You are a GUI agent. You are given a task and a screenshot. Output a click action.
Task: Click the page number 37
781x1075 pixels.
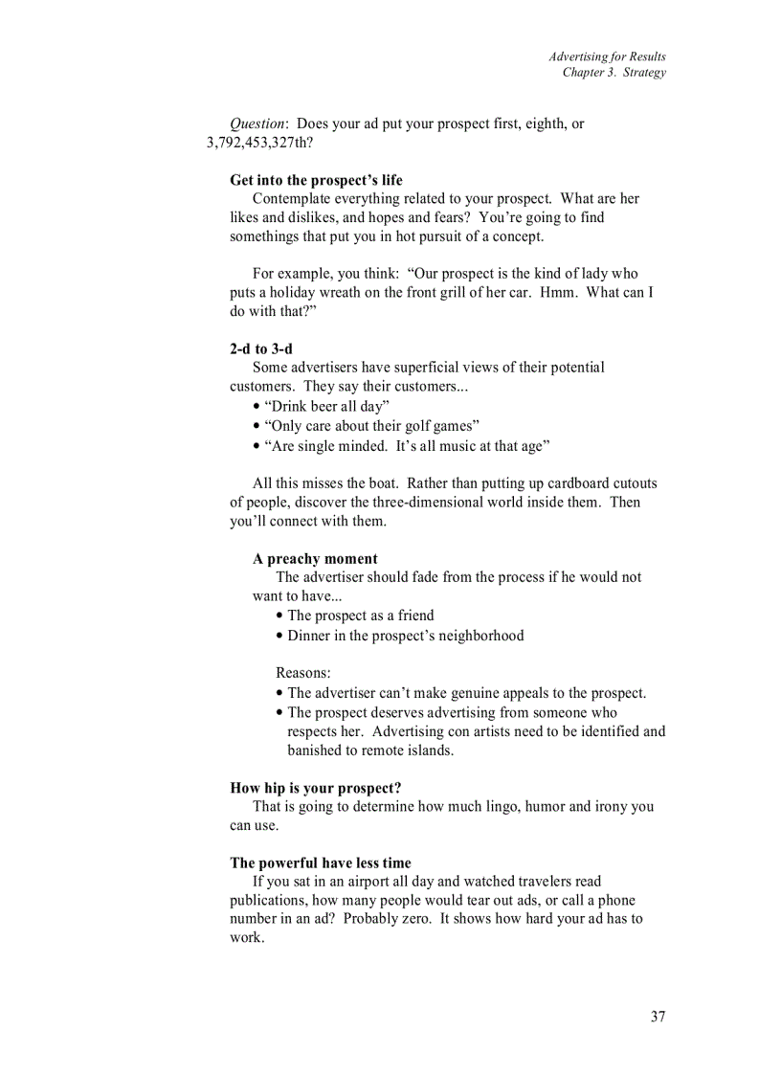click(658, 1017)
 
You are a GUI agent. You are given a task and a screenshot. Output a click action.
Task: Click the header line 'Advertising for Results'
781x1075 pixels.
click(607, 56)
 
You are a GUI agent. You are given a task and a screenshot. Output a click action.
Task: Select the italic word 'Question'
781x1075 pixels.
click(257, 124)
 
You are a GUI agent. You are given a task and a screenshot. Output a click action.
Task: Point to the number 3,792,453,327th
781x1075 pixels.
click(259, 143)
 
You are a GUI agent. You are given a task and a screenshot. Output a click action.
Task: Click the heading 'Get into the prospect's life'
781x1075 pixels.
click(316, 180)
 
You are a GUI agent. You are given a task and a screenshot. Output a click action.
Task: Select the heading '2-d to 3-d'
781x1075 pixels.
click(260, 349)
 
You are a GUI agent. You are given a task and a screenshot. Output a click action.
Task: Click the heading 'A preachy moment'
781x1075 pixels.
click(315, 559)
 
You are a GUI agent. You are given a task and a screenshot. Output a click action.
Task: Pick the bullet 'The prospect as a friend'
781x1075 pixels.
click(360, 616)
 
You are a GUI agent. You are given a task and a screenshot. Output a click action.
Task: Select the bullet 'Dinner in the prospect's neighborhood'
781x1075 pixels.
click(405, 636)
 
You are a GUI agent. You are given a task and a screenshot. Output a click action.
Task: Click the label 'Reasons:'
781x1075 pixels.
click(303, 673)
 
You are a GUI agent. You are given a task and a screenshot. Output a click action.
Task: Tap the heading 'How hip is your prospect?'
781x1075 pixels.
click(315, 788)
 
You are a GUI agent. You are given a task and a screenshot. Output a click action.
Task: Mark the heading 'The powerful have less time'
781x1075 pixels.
click(320, 862)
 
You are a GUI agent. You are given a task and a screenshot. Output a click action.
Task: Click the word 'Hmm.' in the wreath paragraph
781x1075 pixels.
click(558, 293)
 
